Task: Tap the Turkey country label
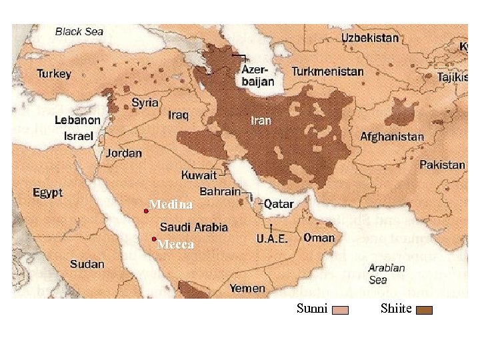pos(54,73)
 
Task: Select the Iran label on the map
pos(261,121)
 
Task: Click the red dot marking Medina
pos(146,211)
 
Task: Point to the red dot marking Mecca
pos(154,239)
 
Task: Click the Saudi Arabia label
pos(193,227)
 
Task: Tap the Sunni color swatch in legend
pos(340,310)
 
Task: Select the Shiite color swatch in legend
pos(424,310)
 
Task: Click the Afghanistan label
pos(392,137)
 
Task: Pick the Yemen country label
pos(247,289)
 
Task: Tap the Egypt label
pos(47,193)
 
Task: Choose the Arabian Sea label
pos(387,274)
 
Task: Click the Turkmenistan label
pos(327,71)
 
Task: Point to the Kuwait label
pos(199,175)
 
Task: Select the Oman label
pos(319,237)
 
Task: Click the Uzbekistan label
pos(379,38)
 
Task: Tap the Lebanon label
pos(77,121)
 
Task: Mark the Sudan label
pos(87,264)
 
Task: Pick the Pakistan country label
pos(442,164)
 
